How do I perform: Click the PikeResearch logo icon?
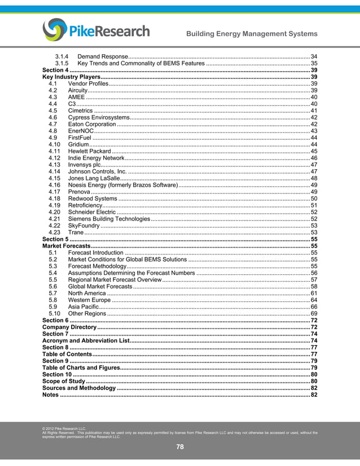point(55,30)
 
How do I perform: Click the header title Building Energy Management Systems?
point(252,34)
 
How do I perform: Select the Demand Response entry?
point(102,57)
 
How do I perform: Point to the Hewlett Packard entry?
point(90,151)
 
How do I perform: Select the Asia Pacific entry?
point(83,307)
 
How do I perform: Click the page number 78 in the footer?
point(180,447)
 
